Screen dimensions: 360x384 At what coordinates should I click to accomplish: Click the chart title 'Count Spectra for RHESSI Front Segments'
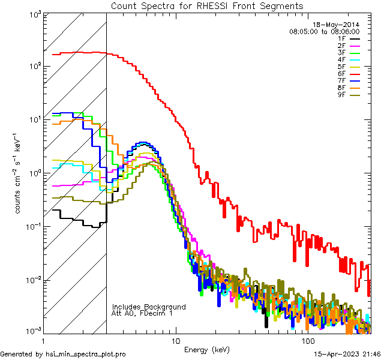tap(207, 6)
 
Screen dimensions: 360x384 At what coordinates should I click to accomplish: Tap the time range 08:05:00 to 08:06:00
tap(324, 31)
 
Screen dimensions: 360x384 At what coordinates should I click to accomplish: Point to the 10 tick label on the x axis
tap(175, 341)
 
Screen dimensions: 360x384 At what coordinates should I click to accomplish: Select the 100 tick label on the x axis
tap(308, 341)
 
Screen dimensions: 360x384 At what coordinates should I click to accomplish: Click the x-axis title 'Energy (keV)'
tap(206, 350)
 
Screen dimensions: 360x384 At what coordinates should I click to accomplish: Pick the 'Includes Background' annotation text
tap(149, 307)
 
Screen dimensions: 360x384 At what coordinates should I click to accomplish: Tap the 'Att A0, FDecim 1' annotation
tap(142, 313)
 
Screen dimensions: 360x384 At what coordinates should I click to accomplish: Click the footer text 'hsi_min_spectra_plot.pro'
tap(85, 355)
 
